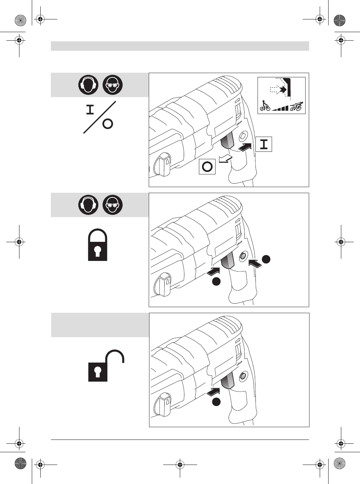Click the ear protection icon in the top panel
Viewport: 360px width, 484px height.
[88, 85]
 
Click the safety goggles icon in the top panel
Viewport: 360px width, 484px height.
[113, 85]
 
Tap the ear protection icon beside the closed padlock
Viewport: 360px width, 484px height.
[88, 205]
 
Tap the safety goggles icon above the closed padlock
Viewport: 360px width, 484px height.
[113, 205]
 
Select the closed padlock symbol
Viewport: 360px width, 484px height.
[98, 245]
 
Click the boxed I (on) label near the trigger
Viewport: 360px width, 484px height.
[264, 144]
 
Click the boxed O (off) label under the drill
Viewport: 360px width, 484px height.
[207, 166]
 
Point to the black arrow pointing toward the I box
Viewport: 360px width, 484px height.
[246, 146]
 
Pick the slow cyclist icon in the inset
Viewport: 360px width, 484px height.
[265, 106]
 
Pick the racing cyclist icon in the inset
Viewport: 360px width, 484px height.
[296, 106]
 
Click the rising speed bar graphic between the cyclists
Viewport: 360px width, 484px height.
[281, 108]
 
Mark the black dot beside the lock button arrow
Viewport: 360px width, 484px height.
[266, 259]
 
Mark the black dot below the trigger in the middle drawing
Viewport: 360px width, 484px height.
[216, 281]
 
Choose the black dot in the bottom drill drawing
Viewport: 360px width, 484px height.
[216, 402]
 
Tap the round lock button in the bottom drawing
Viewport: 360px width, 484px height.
[243, 376]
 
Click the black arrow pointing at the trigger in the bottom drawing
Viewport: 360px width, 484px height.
[214, 391]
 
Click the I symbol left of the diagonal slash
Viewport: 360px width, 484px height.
[90, 110]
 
